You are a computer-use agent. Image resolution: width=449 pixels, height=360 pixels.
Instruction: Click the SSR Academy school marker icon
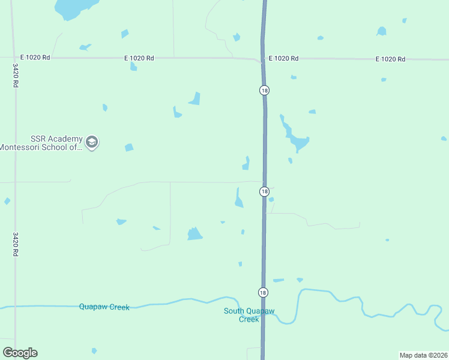(x=92, y=142)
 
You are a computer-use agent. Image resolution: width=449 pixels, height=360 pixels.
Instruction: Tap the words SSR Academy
(x=56, y=139)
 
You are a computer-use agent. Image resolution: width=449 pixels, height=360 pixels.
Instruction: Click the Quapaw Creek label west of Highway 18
(x=104, y=307)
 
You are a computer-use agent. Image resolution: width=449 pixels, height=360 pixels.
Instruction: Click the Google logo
(x=20, y=353)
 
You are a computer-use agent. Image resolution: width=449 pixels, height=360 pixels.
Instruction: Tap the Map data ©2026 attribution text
(x=423, y=355)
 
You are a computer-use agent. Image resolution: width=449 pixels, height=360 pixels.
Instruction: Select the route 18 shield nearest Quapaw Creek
(x=263, y=292)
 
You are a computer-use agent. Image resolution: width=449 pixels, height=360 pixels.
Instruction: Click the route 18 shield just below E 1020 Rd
(x=264, y=90)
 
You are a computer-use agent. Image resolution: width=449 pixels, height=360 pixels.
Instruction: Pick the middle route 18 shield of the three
(x=264, y=191)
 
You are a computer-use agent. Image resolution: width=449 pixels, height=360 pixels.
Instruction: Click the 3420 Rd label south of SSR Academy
(x=15, y=244)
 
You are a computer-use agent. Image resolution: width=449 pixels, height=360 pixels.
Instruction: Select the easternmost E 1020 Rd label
(x=390, y=59)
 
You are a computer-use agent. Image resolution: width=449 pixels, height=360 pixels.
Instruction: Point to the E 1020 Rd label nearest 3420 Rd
(x=35, y=58)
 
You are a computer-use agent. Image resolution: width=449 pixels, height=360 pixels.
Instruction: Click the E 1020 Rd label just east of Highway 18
(x=283, y=58)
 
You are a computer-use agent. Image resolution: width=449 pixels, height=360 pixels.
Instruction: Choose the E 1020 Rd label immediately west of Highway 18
(x=139, y=58)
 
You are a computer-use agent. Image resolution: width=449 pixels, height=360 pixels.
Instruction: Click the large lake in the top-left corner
(x=75, y=7)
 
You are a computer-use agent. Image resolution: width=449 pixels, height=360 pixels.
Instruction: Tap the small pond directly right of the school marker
(x=128, y=148)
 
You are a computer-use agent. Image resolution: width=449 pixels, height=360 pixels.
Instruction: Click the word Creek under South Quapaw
(x=249, y=319)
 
